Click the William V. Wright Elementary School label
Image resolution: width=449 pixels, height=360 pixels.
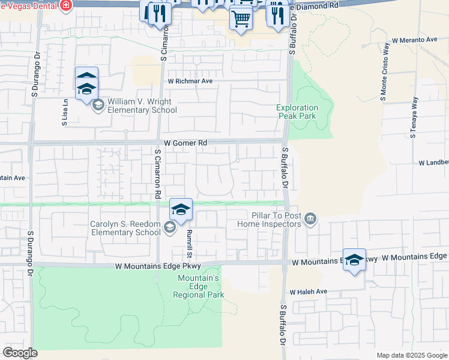coord(142,106)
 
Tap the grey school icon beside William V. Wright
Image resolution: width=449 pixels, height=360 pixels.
coord(97,106)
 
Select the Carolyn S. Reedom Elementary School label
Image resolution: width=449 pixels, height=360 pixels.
coord(125,228)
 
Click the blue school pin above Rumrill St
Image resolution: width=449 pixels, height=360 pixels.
coord(181,209)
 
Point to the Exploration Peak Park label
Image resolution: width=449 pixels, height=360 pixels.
coord(297,112)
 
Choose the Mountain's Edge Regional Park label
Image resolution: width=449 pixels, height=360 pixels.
coord(200,286)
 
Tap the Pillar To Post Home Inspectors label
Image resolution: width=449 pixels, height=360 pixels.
coord(276,219)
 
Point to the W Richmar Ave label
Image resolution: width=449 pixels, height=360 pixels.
coord(190,81)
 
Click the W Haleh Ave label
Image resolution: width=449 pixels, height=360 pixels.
coord(308,292)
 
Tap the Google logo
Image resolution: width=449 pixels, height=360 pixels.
coord(20,353)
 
